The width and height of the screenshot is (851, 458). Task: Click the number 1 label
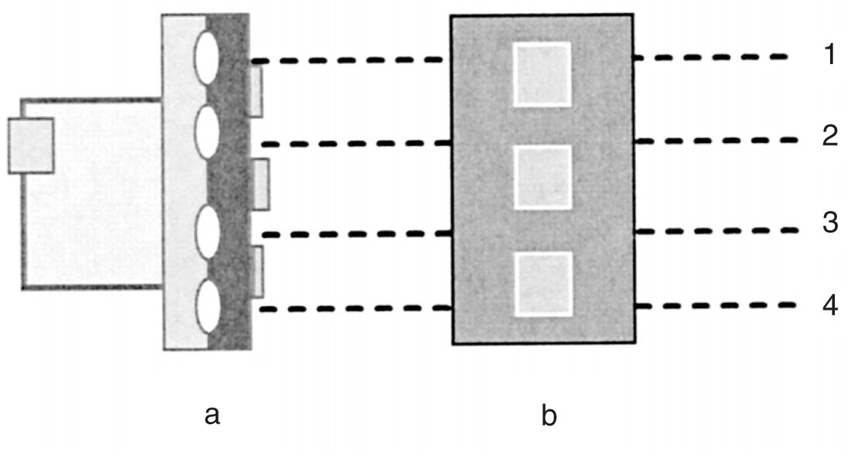pyautogui.click(x=829, y=56)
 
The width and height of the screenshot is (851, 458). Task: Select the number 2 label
pyautogui.click(x=829, y=137)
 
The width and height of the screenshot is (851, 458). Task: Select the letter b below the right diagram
pyautogui.click(x=549, y=416)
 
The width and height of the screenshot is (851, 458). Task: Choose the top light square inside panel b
pyautogui.click(x=542, y=74)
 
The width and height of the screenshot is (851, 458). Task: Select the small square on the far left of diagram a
pyautogui.click(x=31, y=145)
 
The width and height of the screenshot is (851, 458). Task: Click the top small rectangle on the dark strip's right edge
pyautogui.click(x=256, y=91)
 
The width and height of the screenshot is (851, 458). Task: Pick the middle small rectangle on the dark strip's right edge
pyautogui.click(x=262, y=184)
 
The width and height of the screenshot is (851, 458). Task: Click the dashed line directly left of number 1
pyautogui.click(x=710, y=57)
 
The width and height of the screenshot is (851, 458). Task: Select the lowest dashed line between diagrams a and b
pyautogui.click(x=355, y=309)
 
